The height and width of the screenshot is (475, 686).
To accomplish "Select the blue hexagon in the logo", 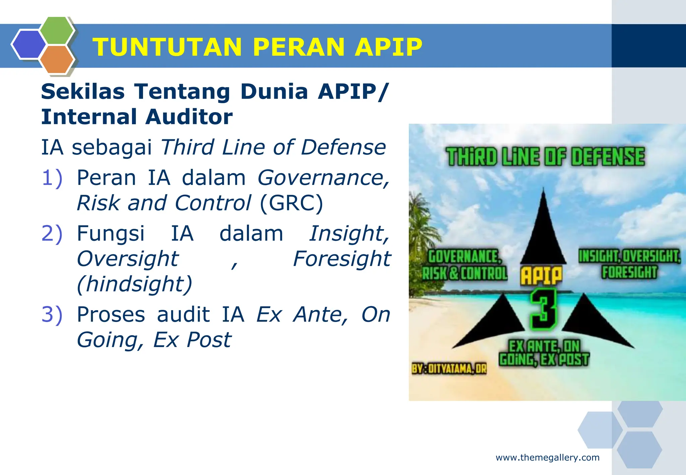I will (28, 44).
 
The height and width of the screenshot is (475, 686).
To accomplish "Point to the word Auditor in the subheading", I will (189, 117).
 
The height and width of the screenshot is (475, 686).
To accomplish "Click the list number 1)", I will (52, 178).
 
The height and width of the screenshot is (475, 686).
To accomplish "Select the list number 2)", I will (52, 233).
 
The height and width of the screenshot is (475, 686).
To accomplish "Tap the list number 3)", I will (52, 315).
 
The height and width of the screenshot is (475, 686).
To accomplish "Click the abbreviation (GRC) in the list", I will (291, 203).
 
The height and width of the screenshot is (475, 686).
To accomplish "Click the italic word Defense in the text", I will (343, 147).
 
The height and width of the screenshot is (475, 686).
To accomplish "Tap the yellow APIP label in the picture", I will (541, 275).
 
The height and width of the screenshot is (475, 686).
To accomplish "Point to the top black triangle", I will (543, 234).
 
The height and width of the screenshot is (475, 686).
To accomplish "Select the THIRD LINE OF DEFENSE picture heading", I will (545, 157).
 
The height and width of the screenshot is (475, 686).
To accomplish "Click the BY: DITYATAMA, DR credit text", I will (449, 369).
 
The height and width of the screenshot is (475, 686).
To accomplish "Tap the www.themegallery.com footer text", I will (547, 458).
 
